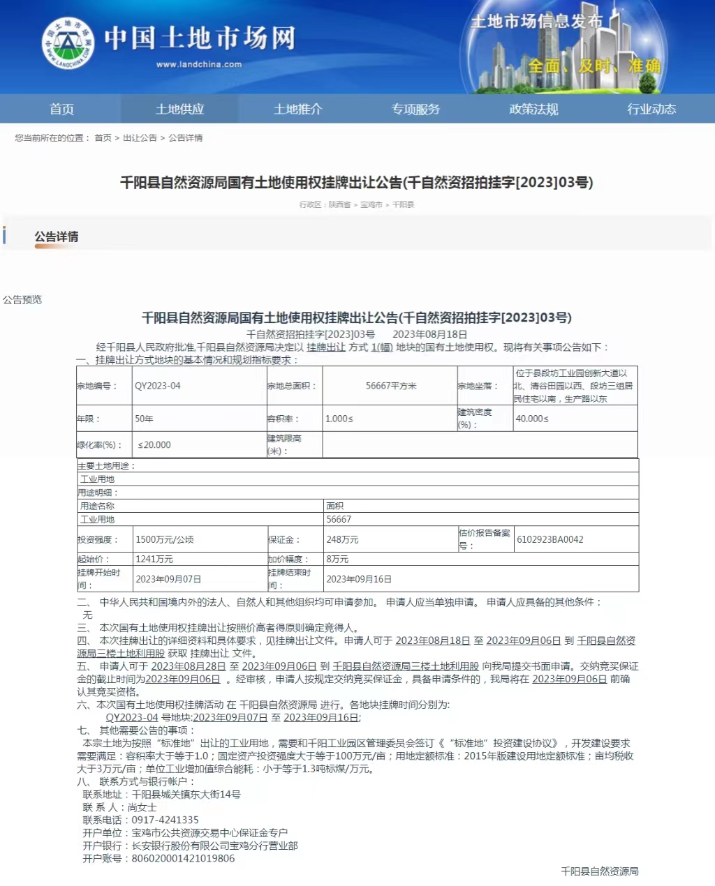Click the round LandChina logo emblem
(68, 43)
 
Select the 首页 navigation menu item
(61, 109)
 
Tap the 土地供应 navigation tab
(179, 109)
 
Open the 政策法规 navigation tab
(533, 109)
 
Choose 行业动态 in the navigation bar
(651, 109)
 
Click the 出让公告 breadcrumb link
(140, 138)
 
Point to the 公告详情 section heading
(57, 237)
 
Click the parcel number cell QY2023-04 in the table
(158, 386)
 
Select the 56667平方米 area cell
(390, 386)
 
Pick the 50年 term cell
(144, 419)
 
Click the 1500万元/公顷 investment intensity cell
(165, 539)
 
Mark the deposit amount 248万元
(342, 539)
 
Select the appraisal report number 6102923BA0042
(550, 539)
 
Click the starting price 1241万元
(154, 559)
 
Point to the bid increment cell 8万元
(337, 559)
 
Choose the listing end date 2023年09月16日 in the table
(359, 579)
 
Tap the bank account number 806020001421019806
(183, 858)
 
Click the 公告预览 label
(22, 300)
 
